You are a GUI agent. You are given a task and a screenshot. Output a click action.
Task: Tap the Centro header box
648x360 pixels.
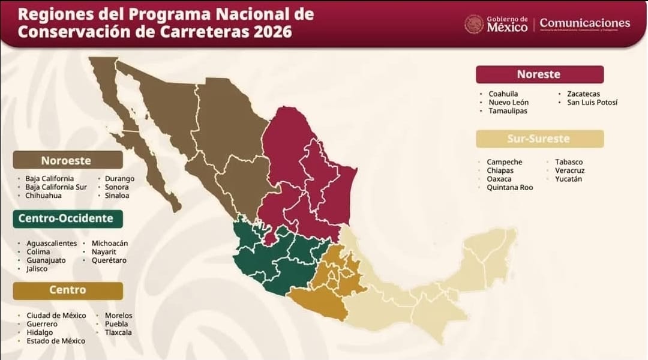point(68,290)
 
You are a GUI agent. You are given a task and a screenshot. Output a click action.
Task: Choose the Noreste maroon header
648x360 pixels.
point(539,74)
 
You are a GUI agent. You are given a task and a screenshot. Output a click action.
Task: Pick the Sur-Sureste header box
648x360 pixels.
point(539,139)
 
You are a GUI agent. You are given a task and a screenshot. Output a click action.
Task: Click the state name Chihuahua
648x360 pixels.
point(43,196)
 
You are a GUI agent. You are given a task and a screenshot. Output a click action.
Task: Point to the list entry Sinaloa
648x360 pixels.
point(116,196)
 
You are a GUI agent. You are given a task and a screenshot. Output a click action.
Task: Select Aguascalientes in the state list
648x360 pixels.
point(52,243)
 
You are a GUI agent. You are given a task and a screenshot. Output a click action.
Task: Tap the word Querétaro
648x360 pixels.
point(109,260)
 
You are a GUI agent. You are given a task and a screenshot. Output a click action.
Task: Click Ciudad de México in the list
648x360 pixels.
point(56,316)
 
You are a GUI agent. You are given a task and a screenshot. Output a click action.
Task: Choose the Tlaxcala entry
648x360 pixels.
point(118,332)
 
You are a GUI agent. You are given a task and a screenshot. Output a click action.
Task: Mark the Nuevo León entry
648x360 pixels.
point(508,103)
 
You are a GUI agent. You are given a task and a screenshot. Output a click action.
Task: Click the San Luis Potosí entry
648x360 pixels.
point(592,103)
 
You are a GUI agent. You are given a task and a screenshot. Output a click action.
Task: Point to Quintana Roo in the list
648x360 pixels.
point(509,188)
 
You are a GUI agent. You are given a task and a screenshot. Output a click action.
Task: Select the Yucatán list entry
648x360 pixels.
point(569,179)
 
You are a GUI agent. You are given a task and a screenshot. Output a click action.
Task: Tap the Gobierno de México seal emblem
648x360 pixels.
point(474,24)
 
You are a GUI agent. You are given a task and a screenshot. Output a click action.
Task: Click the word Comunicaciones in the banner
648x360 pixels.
point(584,23)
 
